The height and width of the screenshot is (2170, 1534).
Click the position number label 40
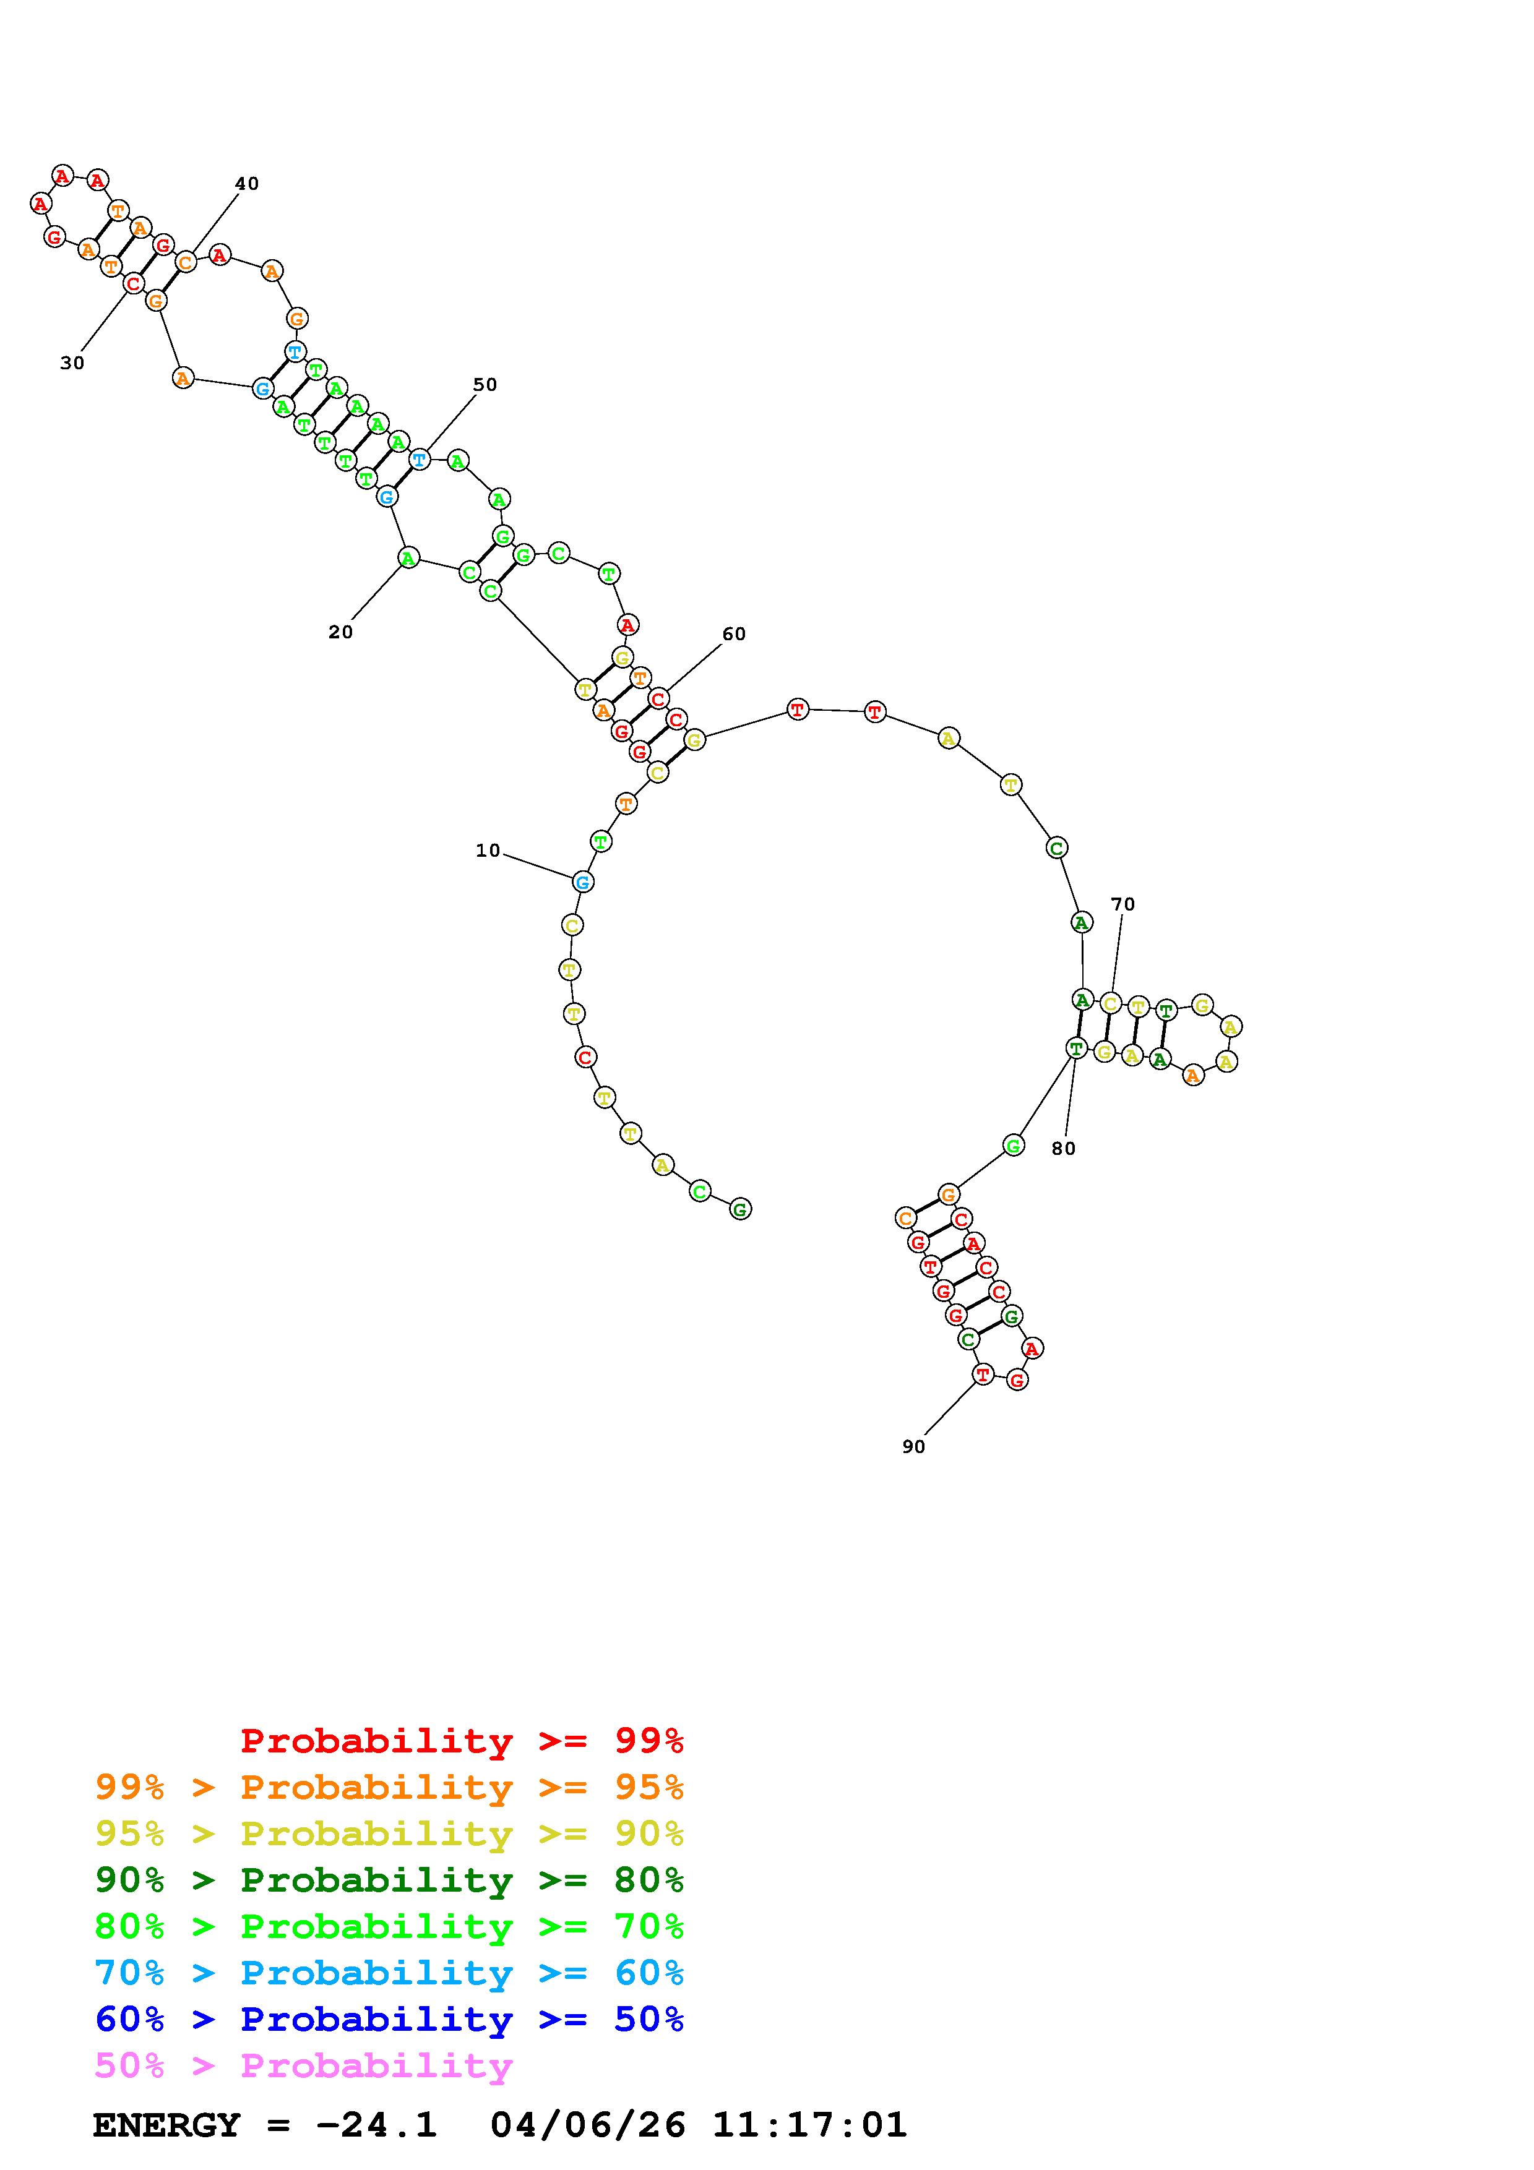247,183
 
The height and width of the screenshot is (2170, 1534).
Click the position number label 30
72,363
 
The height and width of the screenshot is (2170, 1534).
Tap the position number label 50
485,385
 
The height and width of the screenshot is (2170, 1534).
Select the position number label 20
340,632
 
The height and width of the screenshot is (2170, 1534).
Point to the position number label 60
735,634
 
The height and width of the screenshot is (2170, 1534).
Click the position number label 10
488,851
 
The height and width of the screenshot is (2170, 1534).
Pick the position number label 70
1123,904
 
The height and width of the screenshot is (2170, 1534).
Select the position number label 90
914,1446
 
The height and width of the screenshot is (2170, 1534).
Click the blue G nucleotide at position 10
583,882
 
